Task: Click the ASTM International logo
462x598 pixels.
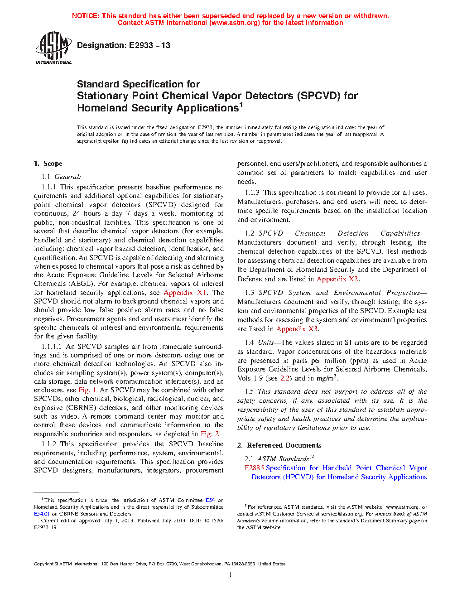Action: click(53, 48)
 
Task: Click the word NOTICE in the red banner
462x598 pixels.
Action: click(86, 16)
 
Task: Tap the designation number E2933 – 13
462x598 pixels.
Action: click(149, 45)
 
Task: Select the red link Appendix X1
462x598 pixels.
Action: click(185, 293)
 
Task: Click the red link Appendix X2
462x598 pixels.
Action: click(338, 279)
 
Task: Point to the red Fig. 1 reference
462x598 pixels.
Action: click(87, 390)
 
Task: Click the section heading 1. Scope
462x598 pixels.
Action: click(48, 164)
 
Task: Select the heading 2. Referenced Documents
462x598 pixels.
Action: click(279, 445)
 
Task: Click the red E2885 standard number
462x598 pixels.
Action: click(254, 468)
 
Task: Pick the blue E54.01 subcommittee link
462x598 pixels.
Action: click(42, 514)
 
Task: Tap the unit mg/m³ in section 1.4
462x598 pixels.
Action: click(327, 378)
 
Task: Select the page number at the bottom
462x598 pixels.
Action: click(231, 575)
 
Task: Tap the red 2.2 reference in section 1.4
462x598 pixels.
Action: click(285, 378)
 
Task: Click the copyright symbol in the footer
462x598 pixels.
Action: click(57, 564)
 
